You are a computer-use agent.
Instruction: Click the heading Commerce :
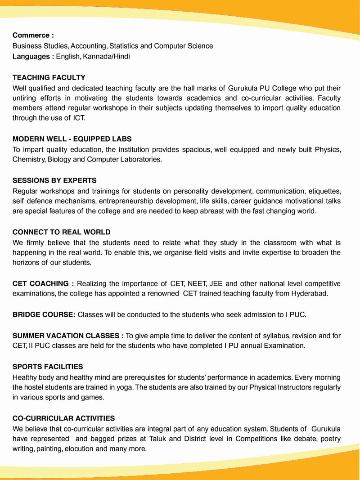tap(33, 35)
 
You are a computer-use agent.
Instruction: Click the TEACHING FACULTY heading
tap(49, 77)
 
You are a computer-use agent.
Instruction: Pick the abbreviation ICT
tap(79, 118)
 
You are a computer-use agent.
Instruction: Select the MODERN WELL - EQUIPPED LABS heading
tap(72, 139)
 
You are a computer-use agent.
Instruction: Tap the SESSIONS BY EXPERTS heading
tap(54, 180)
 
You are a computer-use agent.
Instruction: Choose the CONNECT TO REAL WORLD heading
tap(62, 232)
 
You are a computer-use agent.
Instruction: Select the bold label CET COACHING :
tap(43, 283)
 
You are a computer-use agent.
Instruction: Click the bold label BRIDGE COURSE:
tap(44, 314)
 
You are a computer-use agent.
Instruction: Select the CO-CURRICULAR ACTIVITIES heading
tap(63, 418)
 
